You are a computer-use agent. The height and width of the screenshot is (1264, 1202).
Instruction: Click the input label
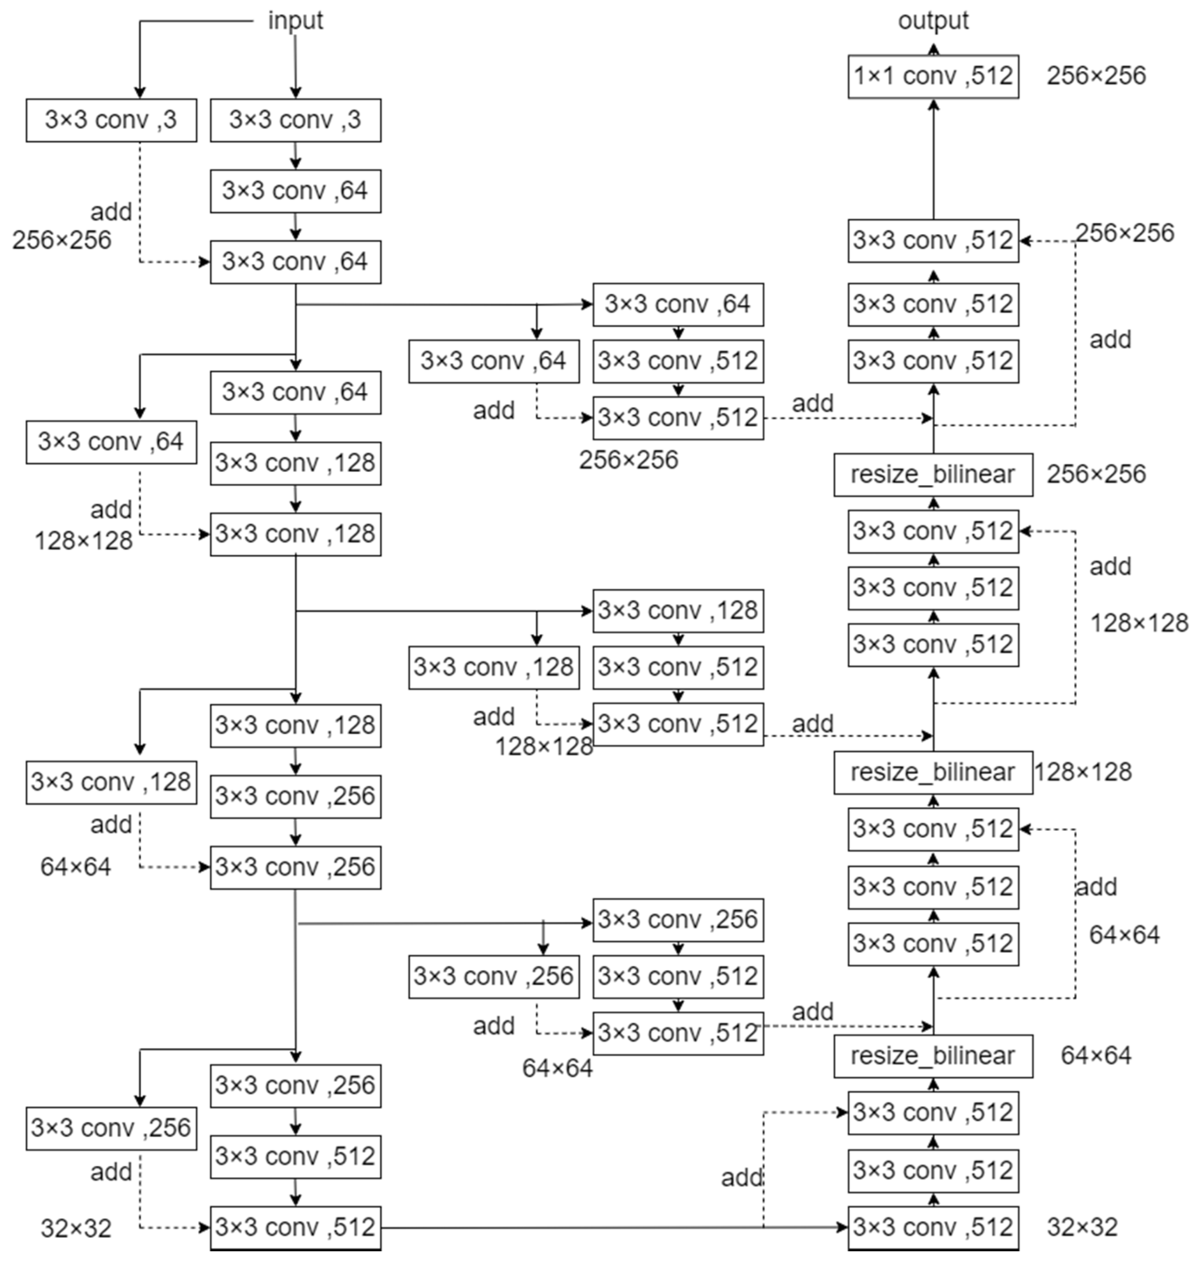tap(295, 21)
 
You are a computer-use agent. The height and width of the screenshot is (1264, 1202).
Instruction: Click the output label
tap(933, 21)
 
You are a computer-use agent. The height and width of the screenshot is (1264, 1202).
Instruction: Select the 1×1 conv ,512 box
tap(933, 76)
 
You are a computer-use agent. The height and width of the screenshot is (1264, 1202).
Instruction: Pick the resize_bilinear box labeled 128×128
tap(933, 772)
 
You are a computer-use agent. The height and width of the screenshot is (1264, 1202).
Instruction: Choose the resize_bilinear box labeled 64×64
tap(933, 1056)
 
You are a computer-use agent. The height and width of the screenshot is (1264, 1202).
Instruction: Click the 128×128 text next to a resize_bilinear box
tap(1083, 772)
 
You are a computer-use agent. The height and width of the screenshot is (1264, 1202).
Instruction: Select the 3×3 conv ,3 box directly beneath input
tap(295, 120)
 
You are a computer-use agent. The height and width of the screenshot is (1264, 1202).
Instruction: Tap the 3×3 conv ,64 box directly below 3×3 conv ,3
tap(295, 191)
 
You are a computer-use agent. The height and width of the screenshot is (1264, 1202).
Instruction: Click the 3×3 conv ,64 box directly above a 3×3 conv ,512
tap(678, 304)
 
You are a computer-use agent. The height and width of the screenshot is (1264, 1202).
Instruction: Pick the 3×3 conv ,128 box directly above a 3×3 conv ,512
tap(678, 611)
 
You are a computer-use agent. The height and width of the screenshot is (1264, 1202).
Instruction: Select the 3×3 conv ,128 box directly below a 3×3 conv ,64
tap(295, 463)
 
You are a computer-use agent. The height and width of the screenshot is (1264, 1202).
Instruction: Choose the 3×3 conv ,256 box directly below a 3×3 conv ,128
tap(295, 796)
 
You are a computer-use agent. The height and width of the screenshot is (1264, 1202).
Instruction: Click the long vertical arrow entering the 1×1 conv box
tap(934, 160)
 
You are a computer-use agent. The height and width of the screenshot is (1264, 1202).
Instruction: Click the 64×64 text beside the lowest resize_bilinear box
tap(1095, 1056)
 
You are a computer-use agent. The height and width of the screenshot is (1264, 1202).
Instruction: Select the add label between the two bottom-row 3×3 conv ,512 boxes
tap(741, 1178)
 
